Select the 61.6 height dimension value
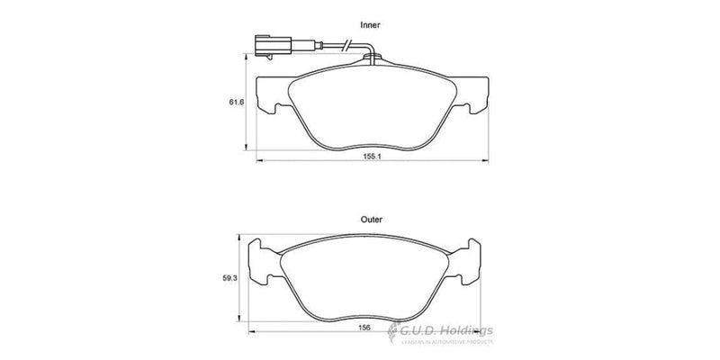point(238,103)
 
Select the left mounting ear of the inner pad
point(270,94)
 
